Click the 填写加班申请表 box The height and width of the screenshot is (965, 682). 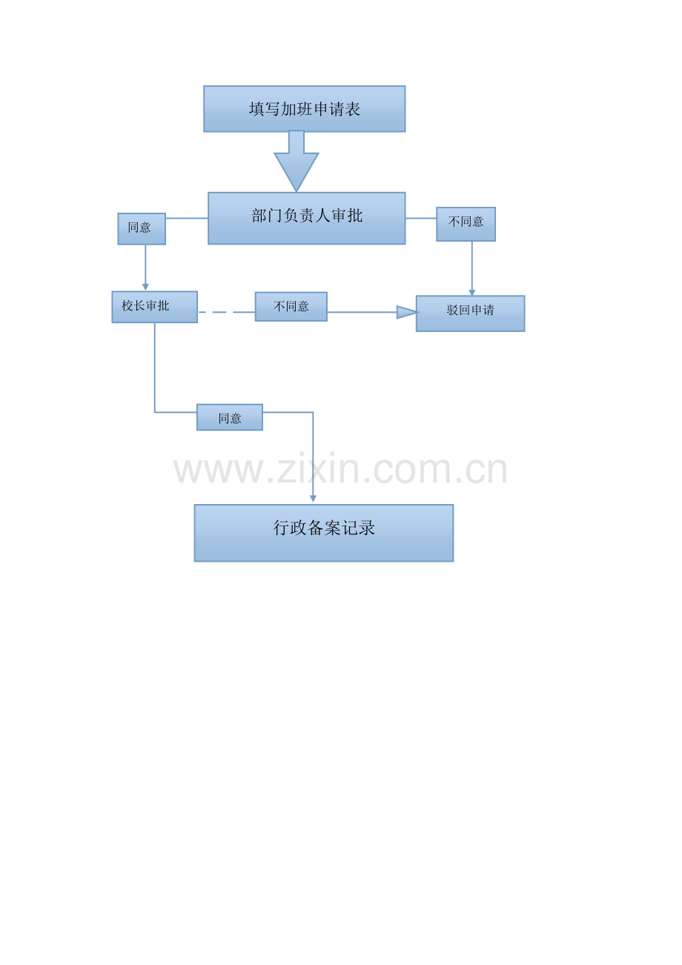(304, 108)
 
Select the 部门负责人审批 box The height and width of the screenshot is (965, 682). (306, 218)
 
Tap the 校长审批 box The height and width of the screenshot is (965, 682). (154, 307)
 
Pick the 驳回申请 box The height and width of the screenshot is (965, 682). (470, 314)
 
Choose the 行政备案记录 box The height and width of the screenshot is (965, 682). (323, 532)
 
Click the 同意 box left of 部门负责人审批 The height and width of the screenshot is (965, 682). (142, 228)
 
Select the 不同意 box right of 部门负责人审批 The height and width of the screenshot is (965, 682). (466, 224)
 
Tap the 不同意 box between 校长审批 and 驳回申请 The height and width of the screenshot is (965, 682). (291, 306)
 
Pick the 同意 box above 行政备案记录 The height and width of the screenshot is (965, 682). (230, 417)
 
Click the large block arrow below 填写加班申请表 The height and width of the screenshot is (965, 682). (297, 161)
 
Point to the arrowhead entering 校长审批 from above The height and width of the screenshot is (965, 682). (145, 287)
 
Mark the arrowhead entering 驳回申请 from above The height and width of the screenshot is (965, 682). (471, 293)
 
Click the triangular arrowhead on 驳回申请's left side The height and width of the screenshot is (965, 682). (406, 312)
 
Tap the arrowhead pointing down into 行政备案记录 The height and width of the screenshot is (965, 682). (313, 499)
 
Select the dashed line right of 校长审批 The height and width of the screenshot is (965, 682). (227, 312)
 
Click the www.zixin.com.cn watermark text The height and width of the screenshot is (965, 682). (340, 468)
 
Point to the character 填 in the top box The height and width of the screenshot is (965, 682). (256, 109)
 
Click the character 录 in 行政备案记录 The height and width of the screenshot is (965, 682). (367, 528)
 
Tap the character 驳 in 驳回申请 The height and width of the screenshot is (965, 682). (452, 310)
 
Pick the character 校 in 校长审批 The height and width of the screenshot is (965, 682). (127, 305)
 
